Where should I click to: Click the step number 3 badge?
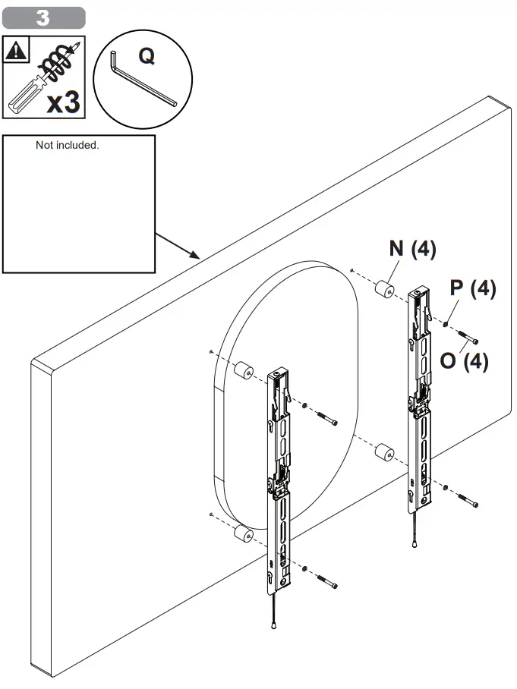click(x=43, y=17)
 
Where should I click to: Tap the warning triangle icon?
click(x=15, y=51)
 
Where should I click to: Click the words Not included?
click(x=67, y=145)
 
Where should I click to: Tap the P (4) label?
click(x=473, y=289)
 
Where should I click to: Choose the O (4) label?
click(x=464, y=361)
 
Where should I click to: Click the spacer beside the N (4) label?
click(x=383, y=290)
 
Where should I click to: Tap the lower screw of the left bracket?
click(x=326, y=581)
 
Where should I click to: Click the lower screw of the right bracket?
click(x=468, y=500)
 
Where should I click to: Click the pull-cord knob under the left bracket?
click(x=273, y=625)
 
